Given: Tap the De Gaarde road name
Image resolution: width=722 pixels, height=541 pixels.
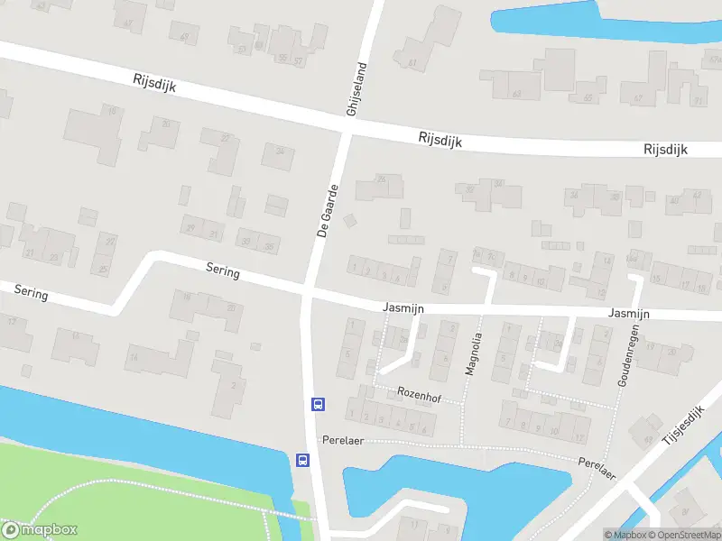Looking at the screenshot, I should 328,210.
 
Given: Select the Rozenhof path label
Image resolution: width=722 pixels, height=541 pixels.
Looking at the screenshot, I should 418,393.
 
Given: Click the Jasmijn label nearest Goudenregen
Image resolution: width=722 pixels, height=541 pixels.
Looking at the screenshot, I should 629,313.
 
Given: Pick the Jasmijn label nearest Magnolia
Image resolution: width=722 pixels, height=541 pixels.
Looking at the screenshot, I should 403,308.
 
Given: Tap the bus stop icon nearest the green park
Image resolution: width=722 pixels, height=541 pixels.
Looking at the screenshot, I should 302,460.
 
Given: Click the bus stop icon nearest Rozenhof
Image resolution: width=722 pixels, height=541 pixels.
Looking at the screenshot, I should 318,404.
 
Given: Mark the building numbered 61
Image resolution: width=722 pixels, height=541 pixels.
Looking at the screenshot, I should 412,63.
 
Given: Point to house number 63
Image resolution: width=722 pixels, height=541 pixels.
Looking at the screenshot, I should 516,94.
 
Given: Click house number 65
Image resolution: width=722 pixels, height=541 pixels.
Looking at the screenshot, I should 588,97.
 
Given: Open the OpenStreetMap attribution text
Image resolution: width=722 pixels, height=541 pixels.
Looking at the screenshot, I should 683,535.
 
